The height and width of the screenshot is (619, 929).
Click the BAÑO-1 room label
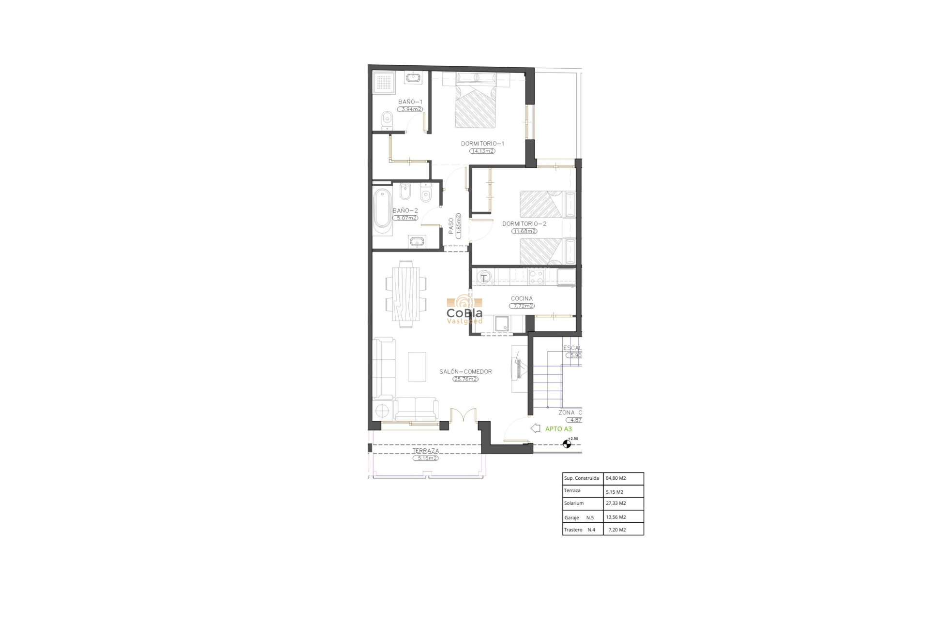pos(410,102)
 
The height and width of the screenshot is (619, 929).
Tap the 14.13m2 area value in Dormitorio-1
pos(482,151)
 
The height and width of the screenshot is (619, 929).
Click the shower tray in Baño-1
pos(383,82)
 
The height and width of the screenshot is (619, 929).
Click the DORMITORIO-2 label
pos(524,224)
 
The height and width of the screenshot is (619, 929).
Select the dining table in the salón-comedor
pos(406,294)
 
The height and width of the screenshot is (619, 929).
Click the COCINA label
pos(522,298)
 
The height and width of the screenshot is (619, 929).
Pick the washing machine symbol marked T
pos(484,278)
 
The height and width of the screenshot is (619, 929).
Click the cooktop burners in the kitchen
pos(536,277)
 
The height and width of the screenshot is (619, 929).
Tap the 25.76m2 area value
pos(465,379)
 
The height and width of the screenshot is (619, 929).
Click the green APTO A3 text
pos(558,429)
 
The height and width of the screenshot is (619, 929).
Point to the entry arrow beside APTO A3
pos(535,428)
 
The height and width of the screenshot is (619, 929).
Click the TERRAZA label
pos(426,451)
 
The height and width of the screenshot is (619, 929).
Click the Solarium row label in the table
pos(574,503)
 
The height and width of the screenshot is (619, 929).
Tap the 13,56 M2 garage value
pos(616,517)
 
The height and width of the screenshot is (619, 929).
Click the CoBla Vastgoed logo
pos(464,311)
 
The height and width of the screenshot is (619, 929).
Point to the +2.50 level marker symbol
pos(567,444)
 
